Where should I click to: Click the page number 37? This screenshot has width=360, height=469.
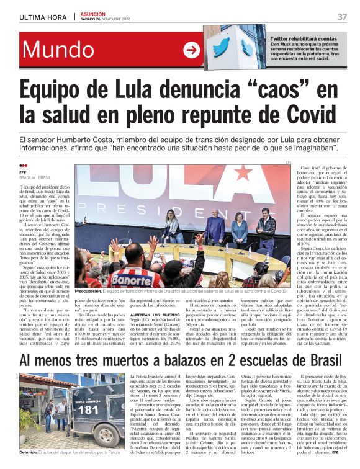pos(342,16)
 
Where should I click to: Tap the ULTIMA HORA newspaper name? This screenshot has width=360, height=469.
pos(43,17)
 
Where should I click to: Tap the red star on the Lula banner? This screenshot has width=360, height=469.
pos(243,173)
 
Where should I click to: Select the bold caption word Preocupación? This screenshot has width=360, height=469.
pos(93,291)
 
